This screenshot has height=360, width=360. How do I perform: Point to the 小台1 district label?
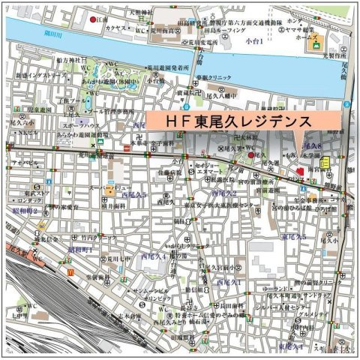pos(254,41)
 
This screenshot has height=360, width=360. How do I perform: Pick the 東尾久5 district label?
pos(293,237)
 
